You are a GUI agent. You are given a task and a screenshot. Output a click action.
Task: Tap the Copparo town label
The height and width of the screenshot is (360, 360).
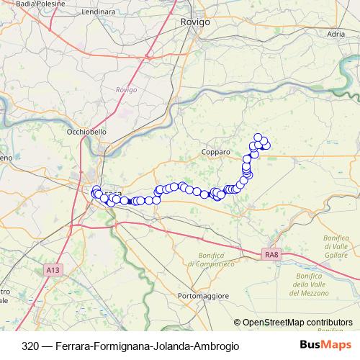(x=216, y=153)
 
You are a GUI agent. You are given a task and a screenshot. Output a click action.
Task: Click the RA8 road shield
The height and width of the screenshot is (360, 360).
(x=271, y=253)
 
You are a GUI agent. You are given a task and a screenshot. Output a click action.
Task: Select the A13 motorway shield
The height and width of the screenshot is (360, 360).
(x=52, y=269)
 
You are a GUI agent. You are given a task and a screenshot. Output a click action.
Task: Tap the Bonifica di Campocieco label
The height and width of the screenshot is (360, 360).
(x=208, y=260)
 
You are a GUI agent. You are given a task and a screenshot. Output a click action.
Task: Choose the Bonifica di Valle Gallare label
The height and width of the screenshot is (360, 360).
(x=336, y=247)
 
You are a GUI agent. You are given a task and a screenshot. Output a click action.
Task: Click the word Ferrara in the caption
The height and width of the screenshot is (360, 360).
(x=66, y=346)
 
